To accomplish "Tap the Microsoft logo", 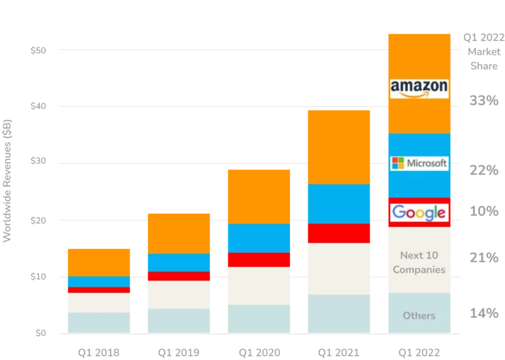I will [x=419, y=163].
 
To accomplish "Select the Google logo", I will [x=419, y=213].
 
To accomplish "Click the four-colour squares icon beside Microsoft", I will [x=397, y=163].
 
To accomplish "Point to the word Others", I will [x=419, y=315].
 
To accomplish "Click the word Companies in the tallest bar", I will [x=419, y=269].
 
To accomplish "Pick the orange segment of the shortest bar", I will [x=99, y=262].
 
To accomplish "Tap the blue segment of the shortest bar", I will [x=99, y=282].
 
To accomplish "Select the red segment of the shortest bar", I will [x=99, y=290].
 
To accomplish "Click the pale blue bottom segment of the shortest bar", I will [x=99, y=322].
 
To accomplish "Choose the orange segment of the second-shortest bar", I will [x=178, y=232].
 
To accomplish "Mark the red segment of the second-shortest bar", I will [x=178, y=276].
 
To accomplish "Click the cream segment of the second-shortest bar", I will [x=178, y=294].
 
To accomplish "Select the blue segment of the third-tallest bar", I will [x=259, y=238].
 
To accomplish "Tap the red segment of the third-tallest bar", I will [x=259, y=259].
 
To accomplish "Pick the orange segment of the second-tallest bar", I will [x=339, y=146].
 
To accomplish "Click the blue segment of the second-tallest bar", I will [x=339, y=203].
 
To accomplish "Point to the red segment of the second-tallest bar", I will [x=339, y=233].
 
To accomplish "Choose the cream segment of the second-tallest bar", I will [x=339, y=269].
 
